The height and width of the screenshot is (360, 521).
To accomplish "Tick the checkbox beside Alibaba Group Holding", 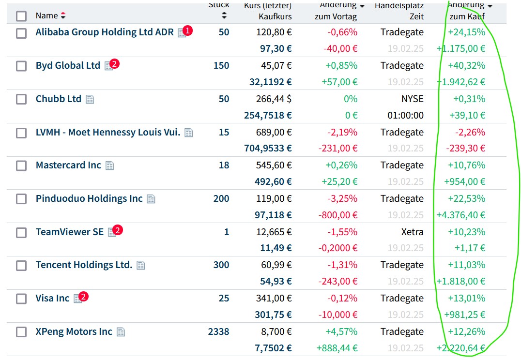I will point(21,33).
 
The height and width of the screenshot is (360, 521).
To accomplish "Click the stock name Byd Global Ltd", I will point(68,65).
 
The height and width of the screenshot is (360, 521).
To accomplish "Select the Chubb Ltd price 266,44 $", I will point(274,99).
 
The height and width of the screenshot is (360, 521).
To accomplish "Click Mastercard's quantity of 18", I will point(224,165).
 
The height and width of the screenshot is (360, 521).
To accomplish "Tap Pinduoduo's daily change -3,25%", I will point(342,198).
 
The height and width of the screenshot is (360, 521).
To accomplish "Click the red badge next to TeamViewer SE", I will point(118,230).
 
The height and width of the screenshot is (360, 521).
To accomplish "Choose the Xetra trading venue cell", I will point(412,232).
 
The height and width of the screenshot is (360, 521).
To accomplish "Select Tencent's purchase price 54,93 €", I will point(274,281).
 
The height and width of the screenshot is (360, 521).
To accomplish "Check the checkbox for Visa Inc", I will point(21,299).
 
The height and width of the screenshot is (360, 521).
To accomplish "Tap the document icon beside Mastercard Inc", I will point(110,165).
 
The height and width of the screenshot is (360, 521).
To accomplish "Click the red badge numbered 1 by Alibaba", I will point(188,30).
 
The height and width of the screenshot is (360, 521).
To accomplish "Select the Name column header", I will point(46,15).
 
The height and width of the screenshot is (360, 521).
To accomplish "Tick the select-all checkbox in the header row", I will point(21,16).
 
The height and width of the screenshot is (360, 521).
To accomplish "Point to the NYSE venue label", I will point(412,99).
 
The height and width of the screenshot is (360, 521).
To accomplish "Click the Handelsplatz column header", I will point(399,6).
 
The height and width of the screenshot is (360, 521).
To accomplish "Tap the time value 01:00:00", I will point(406,115).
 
